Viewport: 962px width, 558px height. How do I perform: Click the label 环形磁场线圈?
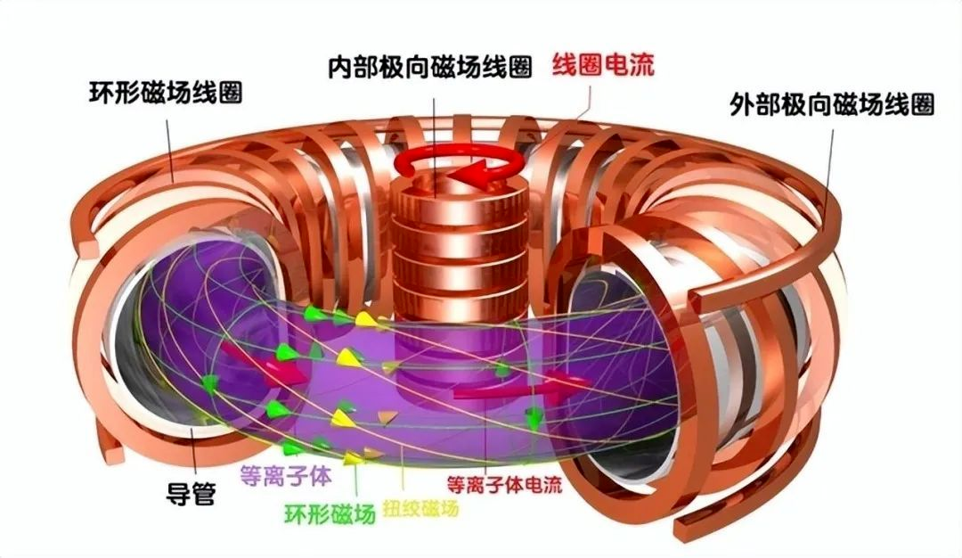(166, 93)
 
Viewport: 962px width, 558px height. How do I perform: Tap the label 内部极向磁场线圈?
(429, 66)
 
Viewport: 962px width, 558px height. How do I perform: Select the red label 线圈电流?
(603, 64)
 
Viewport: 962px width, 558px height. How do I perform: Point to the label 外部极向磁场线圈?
(831, 104)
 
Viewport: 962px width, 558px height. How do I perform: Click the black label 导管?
(191, 493)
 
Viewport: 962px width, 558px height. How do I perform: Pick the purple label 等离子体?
(286, 475)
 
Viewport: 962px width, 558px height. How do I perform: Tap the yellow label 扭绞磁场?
(420, 508)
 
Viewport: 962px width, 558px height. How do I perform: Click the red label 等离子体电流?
(504, 485)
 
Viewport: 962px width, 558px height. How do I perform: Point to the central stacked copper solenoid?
(460, 245)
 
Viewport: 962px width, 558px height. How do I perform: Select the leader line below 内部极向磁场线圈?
(435, 147)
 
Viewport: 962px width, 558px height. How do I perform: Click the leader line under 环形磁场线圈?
(170, 151)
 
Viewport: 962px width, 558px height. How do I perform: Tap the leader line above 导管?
(194, 451)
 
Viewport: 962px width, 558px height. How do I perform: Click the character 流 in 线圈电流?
(642, 64)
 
